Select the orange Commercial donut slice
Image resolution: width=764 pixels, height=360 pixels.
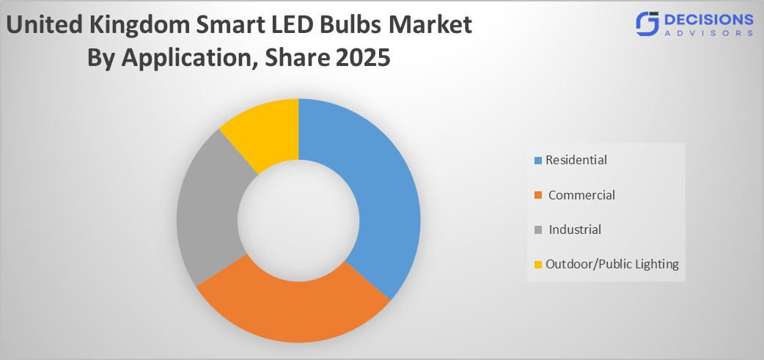(293, 308)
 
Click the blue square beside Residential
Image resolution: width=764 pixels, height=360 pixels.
(539, 161)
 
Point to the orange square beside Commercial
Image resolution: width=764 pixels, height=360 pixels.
(539, 196)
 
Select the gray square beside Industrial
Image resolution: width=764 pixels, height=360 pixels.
(539, 230)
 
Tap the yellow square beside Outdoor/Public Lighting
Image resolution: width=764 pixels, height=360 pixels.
(539, 265)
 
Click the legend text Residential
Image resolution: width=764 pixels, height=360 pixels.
(576, 160)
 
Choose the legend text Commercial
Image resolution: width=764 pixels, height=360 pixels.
(581, 195)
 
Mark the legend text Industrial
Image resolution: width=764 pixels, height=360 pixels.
(575, 229)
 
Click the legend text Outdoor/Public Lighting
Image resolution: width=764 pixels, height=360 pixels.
(612, 264)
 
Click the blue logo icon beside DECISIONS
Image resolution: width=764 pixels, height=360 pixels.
(647, 24)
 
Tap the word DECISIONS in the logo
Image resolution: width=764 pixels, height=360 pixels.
(708, 18)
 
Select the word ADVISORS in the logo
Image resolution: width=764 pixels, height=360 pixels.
(708, 33)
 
